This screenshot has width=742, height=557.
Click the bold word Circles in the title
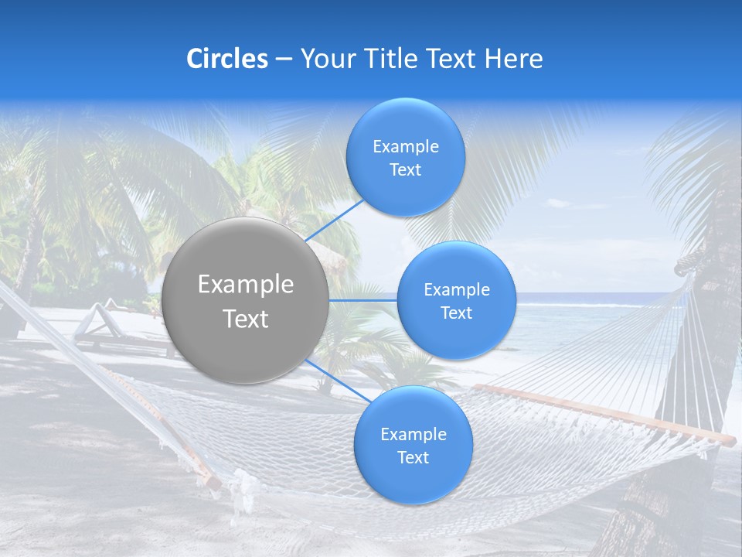pyautogui.click(x=227, y=59)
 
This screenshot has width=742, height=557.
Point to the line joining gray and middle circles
pyautogui.click(x=363, y=300)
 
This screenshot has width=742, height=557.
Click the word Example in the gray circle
pyautogui.click(x=246, y=285)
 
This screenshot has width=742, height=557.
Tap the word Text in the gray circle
pyautogui.click(x=246, y=319)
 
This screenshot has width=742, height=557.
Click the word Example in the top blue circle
pyautogui.click(x=406, y=146)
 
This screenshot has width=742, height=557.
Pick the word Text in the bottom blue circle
pyautogui.click(x=413, y=457)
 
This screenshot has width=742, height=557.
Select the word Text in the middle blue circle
pyautogui.click(x=456, y=313)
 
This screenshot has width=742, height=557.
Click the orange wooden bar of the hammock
pyautogui.click(x=603, y=412)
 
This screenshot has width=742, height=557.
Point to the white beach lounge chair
pyautogui.click(x=97, y=325)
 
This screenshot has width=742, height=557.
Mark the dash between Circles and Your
pyautogui.click(x=284, y=60)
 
